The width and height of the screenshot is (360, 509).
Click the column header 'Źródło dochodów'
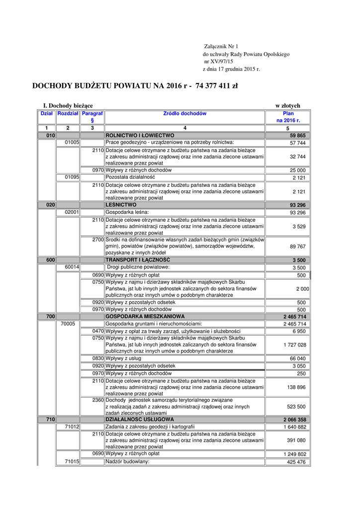coord(184,114)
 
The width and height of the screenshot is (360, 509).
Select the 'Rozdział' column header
coord(68,114)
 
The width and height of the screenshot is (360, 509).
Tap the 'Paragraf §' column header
coord(92,117)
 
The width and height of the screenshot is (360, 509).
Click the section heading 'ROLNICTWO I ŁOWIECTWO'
coord(140,135)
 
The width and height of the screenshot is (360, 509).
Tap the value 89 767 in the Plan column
coord(297,246)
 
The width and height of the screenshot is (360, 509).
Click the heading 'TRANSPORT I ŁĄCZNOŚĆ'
coord(138,260)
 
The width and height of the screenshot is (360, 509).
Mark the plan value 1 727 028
coord(295,344)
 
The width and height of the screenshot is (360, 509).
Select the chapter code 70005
coord(68,324)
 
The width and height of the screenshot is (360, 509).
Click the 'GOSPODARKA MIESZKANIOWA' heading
coord(145,317)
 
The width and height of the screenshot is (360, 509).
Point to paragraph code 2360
coord(98,400)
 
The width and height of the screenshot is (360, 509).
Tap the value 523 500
coord(297,406)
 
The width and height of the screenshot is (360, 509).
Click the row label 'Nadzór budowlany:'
coord(128,462)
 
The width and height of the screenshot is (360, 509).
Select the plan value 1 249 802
coord(295,454)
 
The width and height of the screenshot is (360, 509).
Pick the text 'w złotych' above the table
coord(288,106)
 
